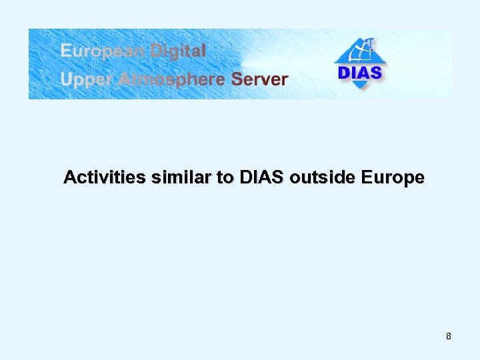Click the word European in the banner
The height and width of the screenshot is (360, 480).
[x=103, y=51]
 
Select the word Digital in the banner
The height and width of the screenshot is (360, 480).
[x=178, y=50]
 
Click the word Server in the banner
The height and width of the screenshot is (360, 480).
[x=259, y=79]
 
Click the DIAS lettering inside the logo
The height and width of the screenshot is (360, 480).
[x=360, y=73]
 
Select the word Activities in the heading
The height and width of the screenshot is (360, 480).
[x=105, y=178]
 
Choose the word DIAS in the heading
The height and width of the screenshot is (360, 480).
[x=261, y=178]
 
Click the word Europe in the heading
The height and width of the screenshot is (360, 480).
[x=392, y=179]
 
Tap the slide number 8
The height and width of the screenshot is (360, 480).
[x=449, y=337]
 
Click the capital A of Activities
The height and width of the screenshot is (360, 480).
[x=69, y=178]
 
